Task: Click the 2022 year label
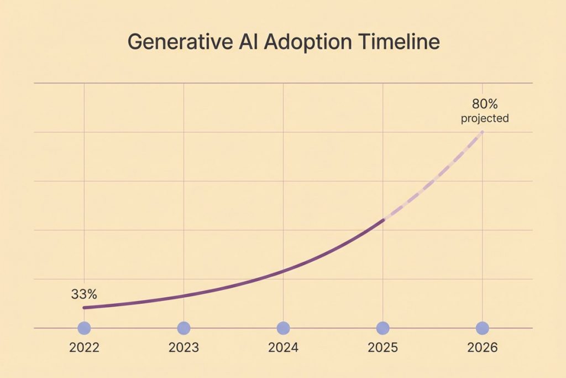coord(84,348)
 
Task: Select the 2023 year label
coord(184,348)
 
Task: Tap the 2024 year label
coord(283,348)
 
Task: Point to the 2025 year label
coord(382,348)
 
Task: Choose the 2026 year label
coord(483,348)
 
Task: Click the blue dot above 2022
coord(84,328)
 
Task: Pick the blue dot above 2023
coord(184,328)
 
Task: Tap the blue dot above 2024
coord(283,328)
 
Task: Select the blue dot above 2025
coord(382,328)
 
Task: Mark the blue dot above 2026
coord(483,328)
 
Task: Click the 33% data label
coord(84,294)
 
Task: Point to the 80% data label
coord(484,104)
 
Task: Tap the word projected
coord(484,118)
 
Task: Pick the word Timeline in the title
coord(399,42)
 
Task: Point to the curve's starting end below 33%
coord(84,308)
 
